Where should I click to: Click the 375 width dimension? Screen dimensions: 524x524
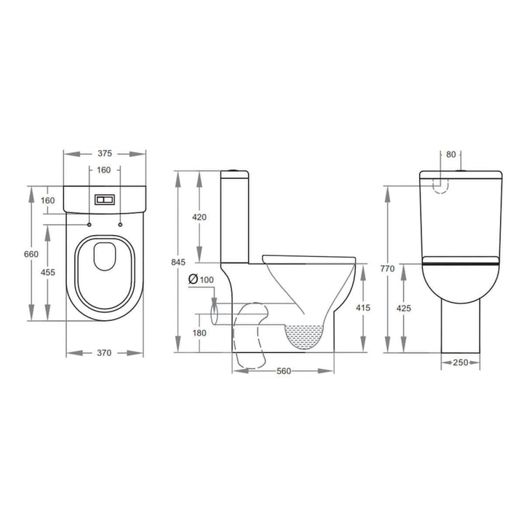(x=104, y=154)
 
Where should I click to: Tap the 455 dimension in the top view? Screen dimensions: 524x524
(x=49, y=272)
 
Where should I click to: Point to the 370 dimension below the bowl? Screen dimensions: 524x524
(x=104, y=353)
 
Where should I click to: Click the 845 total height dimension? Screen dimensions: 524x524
(x=179, y=262)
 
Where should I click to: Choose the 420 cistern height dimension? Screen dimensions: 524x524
(x=199, y=217)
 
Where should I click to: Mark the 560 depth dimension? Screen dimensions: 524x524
(x=284, y=371)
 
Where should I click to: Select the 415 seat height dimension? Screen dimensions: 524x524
(x=364, y=308)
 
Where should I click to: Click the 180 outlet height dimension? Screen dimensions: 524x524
(x=199, y=333)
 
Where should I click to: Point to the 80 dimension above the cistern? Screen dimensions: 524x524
(x=450, y=154)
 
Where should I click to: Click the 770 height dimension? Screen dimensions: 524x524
(x=387, y=269)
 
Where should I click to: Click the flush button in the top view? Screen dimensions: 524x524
(x=104, y=199)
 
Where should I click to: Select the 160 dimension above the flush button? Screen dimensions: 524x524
(x=104, y=170)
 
